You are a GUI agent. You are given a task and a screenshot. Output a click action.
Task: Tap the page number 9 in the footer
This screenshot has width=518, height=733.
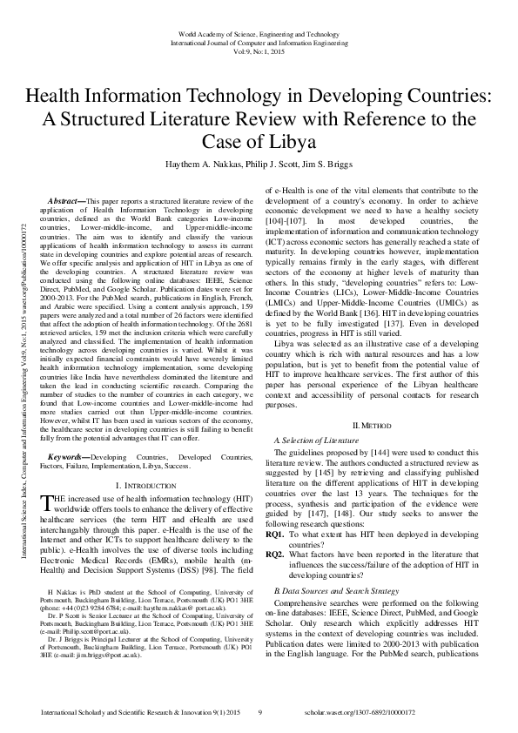click(259, 712)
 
